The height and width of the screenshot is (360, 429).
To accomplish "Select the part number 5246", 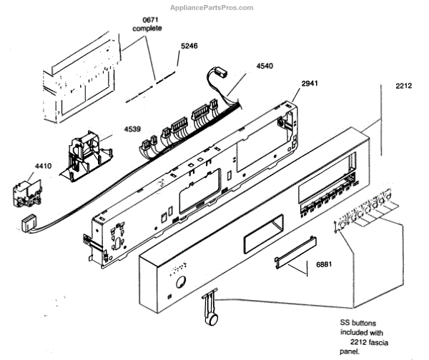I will click(x=188, y=46).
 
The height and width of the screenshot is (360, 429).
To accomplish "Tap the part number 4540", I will click(x=265, y=66).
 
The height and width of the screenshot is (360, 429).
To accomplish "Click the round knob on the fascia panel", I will click(x=180, y=281).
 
